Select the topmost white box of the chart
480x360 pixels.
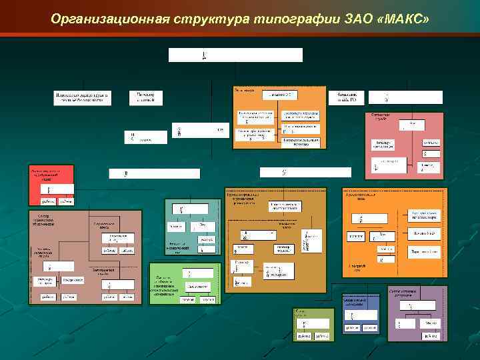coord(235,55)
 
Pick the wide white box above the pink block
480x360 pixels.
coord(305,172)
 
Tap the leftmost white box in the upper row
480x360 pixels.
coord(84,97)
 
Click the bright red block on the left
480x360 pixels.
coord(50,184)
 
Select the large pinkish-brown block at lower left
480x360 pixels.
coord(85,257)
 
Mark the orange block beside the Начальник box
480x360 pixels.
coord(279,117)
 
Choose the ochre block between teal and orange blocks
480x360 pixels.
coord(276,240)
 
